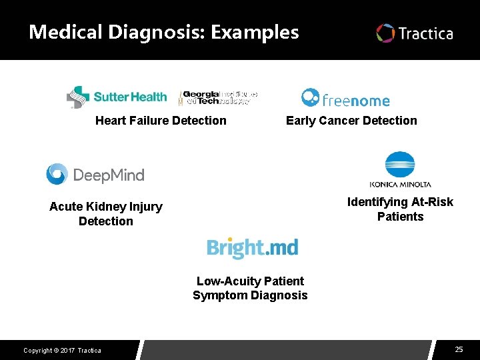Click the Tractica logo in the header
point(415,33)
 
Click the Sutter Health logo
point(117,97)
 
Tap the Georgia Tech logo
point(218,98)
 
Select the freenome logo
point(345,99)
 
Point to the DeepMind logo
point(95,175)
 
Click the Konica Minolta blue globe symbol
point(400,166)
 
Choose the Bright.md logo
point(252,248)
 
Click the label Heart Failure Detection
point(161,121)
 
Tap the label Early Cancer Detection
point(351,121)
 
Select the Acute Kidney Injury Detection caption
point(106,214)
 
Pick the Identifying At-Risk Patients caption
point(400,209)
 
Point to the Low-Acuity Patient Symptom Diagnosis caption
point(250,288)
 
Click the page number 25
point(459,349)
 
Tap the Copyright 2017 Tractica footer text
point(62,351)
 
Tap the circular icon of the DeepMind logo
point(57,174)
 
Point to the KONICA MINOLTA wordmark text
point(400,185)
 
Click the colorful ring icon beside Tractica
point(385,33)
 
